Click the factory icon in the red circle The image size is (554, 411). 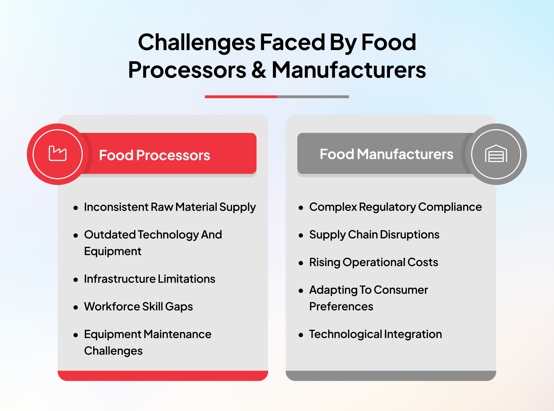pyautogui.click(x=58, y=154)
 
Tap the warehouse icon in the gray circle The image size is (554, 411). pyautogui.click(x=496, y=154)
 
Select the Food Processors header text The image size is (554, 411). pyautogui.click(x=155, y=155)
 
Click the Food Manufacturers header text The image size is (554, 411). pyautogui.click(x=386, y=154)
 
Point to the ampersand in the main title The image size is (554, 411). pyautogui.click(x=259, y=70)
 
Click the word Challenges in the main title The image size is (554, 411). pyautogui.click(x=197, y=42)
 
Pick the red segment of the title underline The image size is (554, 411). pyautogui.click(x=241, y=97)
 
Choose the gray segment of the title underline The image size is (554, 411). pyautogui.click(x=313, y=97)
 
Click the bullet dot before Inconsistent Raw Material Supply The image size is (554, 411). pyautogui.click(x=76, y=208)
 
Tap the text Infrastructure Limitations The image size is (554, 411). pyautogui.click(x=150, y=279)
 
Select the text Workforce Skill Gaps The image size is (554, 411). pyautogui.click(x=138, y=306)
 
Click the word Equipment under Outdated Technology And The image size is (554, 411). pyautogui.click(x=113, y=251)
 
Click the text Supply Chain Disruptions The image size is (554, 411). pyautogui.click(x=374, y=235)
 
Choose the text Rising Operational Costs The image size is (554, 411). pyautogui.click(x=374, y=262)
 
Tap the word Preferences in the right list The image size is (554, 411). pyautogui.click(x=341, y=306)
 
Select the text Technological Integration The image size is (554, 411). pyautogui.click(x=375, y=334)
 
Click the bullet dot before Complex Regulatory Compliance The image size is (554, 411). pyautogui.click(x=301, y=208)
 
